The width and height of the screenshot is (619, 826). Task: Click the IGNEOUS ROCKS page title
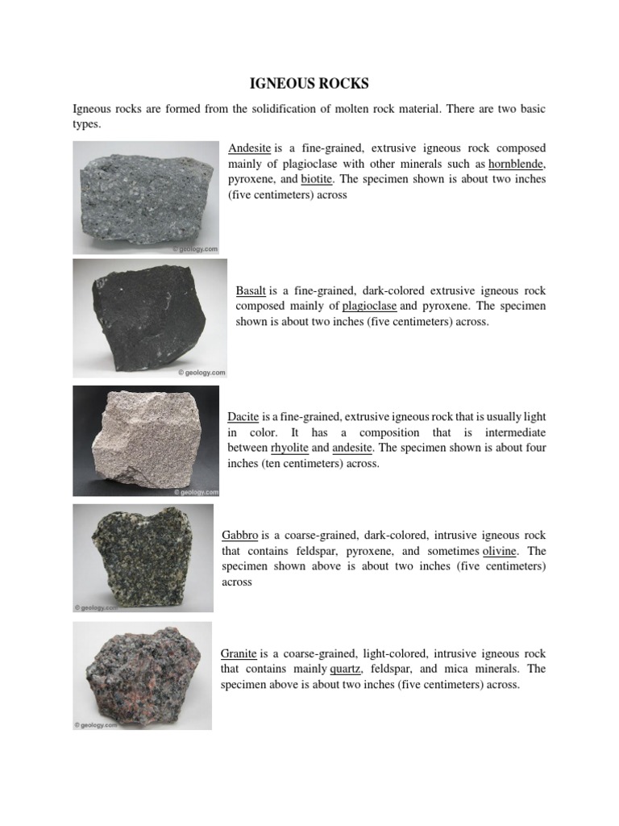click(x=309, y=84)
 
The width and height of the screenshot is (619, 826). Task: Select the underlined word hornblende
click(x=516, y=164)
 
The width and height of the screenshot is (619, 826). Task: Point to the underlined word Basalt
click(x=251, y=290)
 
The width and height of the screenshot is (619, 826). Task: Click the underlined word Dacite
click(x=243, y=417)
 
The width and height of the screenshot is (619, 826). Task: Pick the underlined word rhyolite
click(x=290, y=448)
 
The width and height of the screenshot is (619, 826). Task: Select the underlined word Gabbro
click(x=239, y=536)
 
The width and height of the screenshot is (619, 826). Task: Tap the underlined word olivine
click(x=503, y=551)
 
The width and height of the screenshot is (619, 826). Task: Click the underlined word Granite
click(x=239, y=654)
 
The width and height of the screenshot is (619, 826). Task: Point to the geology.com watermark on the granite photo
click(x=95, y=725)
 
